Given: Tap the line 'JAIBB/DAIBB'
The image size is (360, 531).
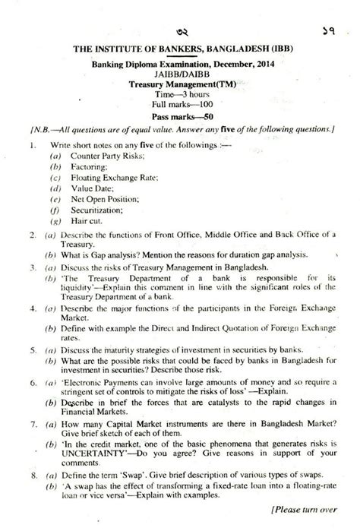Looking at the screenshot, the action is (x=180, y=77).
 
